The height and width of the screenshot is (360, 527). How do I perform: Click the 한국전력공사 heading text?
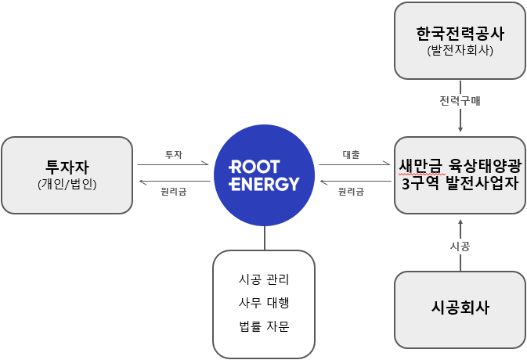[x=460, y=34]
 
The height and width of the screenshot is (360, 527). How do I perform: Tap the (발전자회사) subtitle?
[x=460, y=52]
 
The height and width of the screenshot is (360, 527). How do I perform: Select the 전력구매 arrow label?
[x=460, y=99]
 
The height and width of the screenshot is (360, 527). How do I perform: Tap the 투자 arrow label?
[x=173, y=155]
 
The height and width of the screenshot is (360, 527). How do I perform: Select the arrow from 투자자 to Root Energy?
[x=173, y=165]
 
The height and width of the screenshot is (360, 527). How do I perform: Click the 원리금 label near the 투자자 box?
[x=173, y=192]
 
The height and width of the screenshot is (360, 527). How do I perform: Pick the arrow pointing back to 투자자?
[x=173, y=182]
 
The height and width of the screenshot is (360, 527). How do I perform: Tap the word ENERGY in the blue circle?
[x=264, y=185]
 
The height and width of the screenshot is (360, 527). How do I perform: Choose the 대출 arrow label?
[x=352, y=155]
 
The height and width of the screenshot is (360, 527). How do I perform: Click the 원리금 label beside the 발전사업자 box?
[x=352, y=192]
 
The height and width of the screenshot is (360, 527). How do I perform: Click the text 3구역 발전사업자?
[x=460, y=185]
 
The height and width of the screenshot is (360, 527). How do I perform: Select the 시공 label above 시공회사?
[x=460, y=246]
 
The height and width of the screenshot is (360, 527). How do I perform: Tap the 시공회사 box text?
[x=460, y=308]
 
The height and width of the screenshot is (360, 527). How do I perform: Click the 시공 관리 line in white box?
[x=264, y=279]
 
